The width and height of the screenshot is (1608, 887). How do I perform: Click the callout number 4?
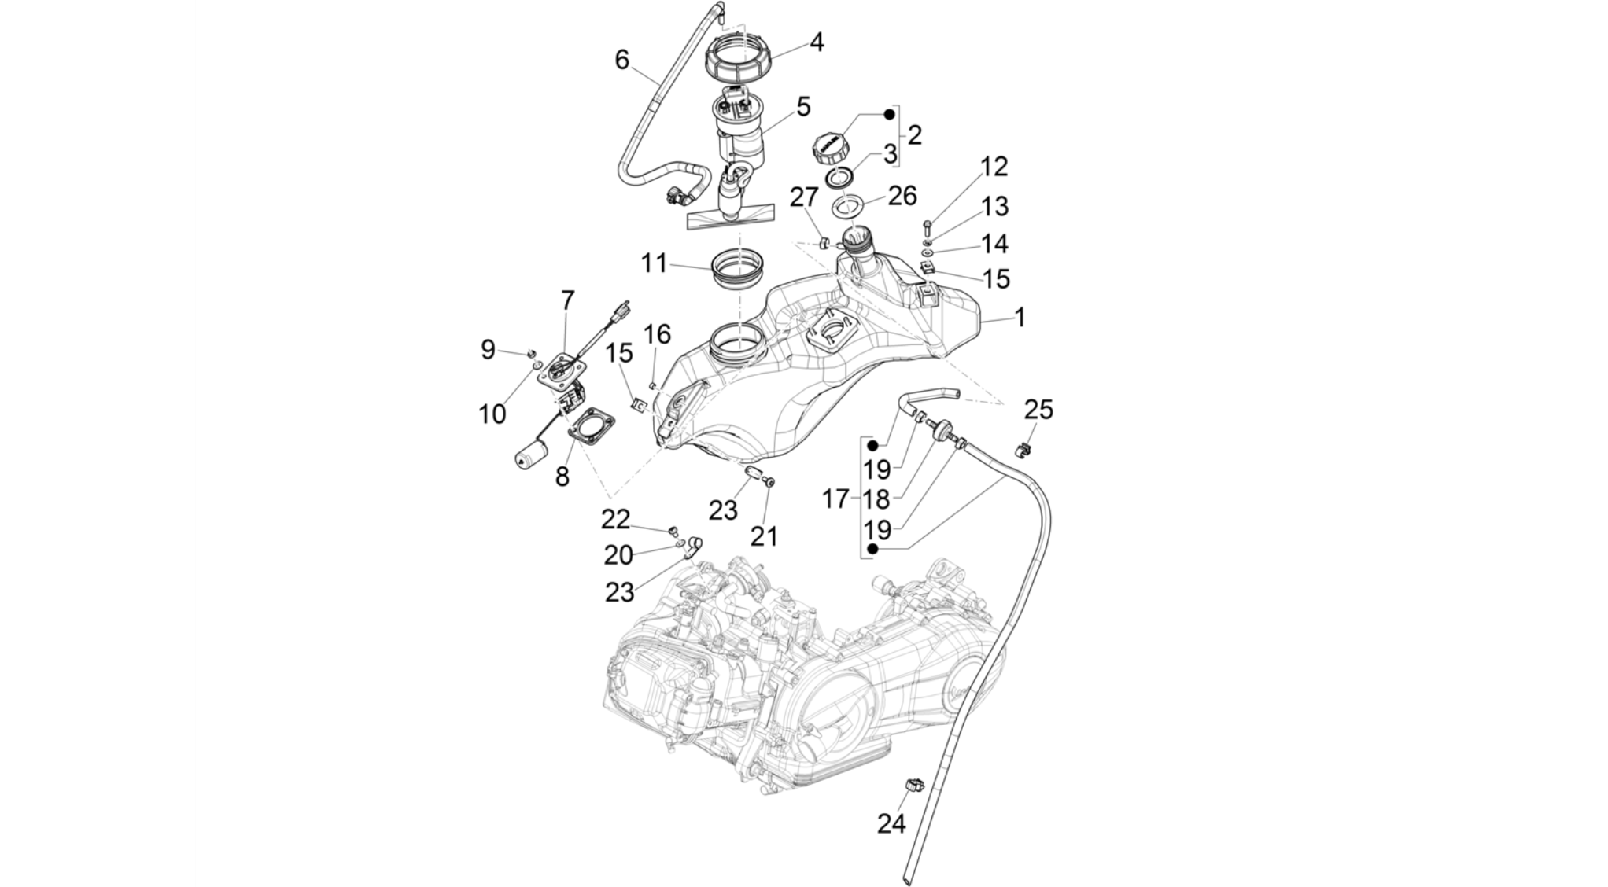[817, 42]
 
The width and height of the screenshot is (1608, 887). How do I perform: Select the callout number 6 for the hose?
[622, 60]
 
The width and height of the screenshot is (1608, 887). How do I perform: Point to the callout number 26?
[902, 195]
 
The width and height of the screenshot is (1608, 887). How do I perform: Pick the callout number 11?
[654, 263]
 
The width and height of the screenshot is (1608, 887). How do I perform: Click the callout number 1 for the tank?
[1020, 318]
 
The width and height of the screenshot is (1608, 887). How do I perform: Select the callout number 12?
[994, 167]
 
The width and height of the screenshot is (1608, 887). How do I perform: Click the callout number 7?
[567, 300]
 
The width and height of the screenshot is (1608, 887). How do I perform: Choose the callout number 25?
[1038, 410]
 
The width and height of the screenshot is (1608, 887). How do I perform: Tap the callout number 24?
[892, 823]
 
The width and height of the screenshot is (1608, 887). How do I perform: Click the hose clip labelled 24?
[914, 785]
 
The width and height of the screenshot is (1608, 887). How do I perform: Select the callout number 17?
[835, 499]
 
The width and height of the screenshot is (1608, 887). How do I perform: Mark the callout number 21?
[763, 536]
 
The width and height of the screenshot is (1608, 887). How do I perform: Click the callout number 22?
[616, 519]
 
